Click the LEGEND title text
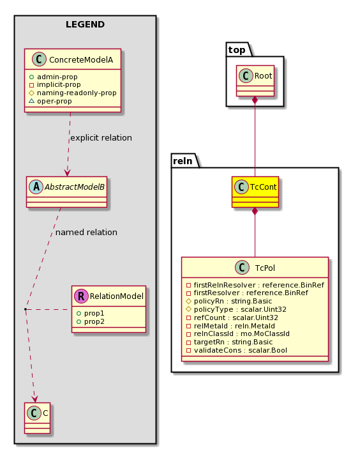85,24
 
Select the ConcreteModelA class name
81,60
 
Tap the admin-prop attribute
57,77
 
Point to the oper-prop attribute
54,101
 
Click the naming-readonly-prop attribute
77,93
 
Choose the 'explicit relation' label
101,138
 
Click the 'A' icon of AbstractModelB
36,187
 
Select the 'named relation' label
86,233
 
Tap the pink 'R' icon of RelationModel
81,296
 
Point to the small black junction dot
26,309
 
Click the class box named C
38,418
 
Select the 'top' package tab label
237,50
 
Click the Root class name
263,76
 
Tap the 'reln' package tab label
183,161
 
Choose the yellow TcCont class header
255,187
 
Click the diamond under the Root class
255,100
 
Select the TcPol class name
265,268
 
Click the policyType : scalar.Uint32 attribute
240,309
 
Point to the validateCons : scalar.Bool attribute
241,350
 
